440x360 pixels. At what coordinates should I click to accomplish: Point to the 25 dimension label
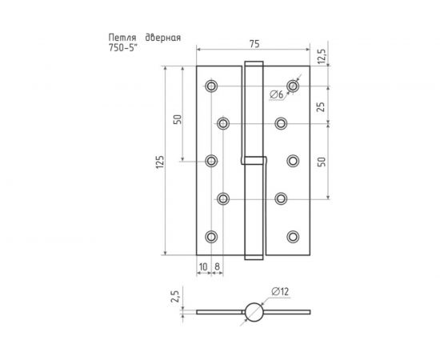coord(322,105)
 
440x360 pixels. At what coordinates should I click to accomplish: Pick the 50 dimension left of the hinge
coord(178,120)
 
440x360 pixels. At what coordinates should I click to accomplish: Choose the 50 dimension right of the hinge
coord(322,161)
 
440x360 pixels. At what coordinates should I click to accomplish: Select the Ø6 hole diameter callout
coord(277,95)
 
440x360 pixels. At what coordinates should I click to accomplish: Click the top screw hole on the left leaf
coord(211,86)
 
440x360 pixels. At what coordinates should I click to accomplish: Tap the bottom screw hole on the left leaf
coord(211,236)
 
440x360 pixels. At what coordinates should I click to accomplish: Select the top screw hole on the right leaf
coord(294,86)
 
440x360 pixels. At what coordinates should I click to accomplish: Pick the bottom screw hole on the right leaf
coord(294,236)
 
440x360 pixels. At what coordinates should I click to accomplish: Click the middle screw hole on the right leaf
coord(294,161)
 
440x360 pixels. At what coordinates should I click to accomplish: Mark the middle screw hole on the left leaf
coord(211,161)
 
